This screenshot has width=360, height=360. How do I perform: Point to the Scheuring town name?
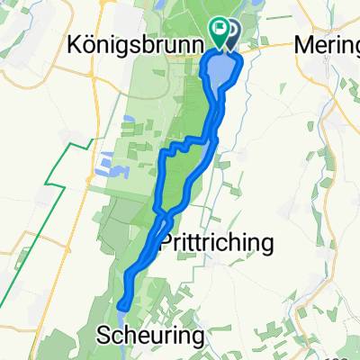tap(149, 334)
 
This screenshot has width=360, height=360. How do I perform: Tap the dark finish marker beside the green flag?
tap(230, 33)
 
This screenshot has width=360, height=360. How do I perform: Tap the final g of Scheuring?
tap(194, 337)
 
